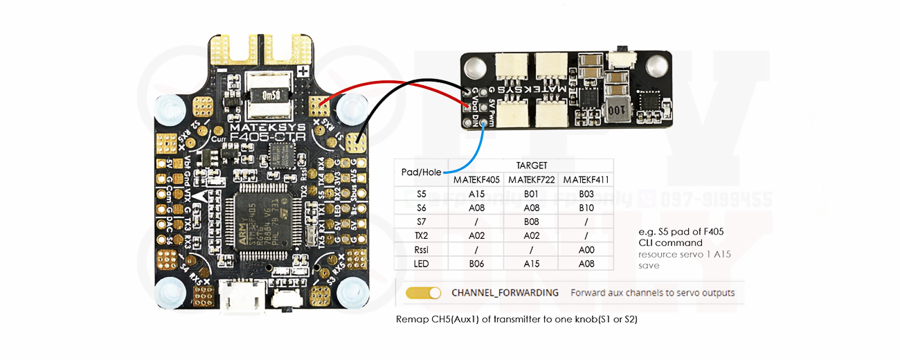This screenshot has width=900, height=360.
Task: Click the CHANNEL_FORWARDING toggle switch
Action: (423, 293)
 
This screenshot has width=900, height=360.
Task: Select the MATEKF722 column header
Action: (531, 180)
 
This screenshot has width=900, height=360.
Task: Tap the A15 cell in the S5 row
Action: (476, 194)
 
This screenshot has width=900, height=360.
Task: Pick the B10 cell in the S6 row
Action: (586, 208)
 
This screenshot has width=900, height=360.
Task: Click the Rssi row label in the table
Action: (421, 249)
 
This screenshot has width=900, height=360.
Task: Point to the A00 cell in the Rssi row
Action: (586, 249)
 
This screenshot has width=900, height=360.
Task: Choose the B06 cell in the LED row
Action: (476, 264)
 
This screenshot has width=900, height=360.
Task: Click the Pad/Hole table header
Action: (421, 172)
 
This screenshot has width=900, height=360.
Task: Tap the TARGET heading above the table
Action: (531, 165)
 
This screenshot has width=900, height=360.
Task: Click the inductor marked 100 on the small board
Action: (614, 111)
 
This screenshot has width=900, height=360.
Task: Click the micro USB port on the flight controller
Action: (240, 297)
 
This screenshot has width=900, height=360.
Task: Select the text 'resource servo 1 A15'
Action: (684, 254)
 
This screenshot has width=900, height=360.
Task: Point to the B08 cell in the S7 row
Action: (531, 222)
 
